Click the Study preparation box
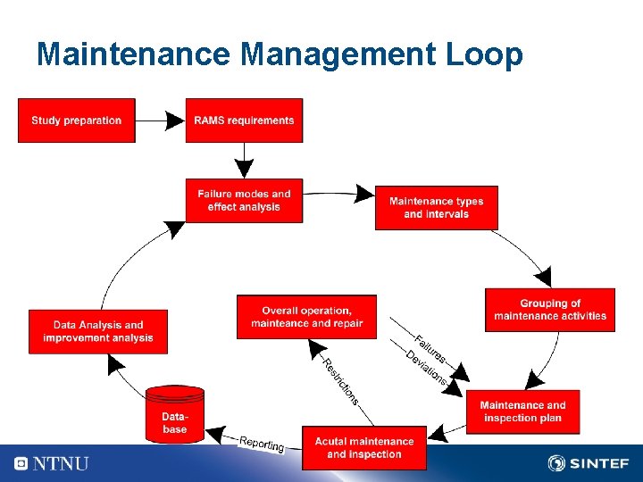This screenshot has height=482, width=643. point(76,120)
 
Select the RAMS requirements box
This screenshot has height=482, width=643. point(244,120)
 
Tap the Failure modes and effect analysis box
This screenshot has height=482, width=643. point(244,201)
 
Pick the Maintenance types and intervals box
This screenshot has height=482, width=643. point(436,208)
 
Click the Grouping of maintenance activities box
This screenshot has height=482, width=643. point(549,310)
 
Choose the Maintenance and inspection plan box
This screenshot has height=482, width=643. point(522,411)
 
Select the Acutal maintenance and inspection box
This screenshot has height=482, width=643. point(364,448)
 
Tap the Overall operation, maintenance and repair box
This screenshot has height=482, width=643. point(306,317)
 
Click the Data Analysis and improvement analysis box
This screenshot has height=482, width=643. point(98,331)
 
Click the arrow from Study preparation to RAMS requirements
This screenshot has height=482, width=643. point(160,120)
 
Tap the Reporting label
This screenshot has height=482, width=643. point(262,444)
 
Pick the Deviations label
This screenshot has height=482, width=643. point(425,367)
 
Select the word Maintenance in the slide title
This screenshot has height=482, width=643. point(134,55)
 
